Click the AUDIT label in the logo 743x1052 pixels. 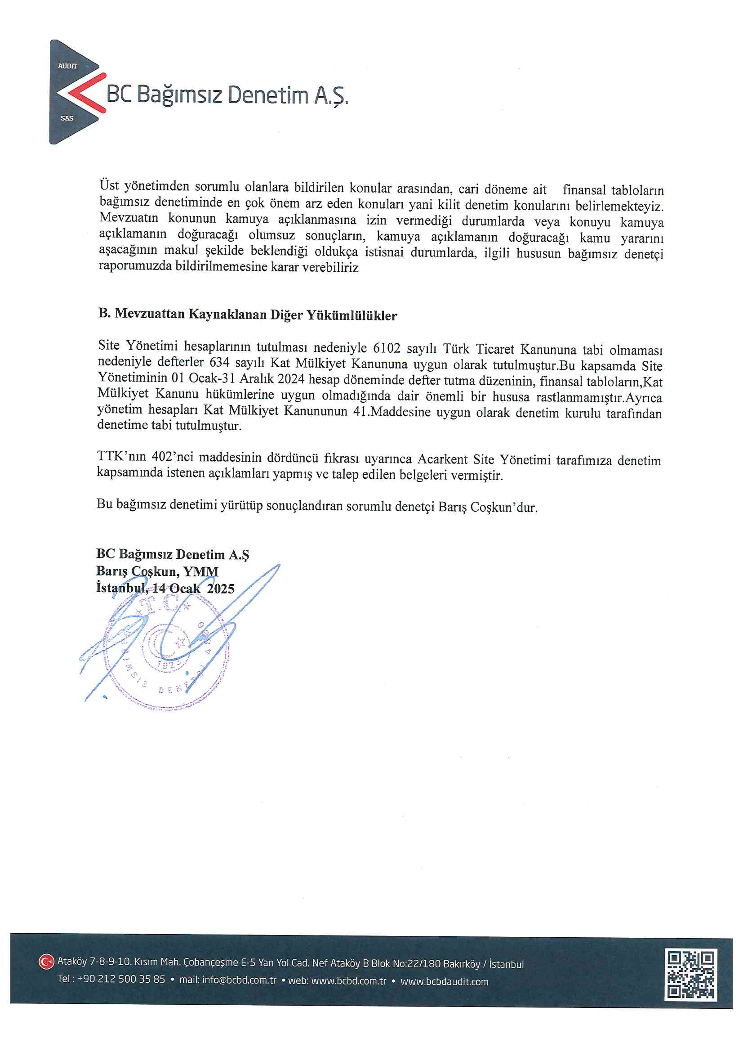(x=67, y=66)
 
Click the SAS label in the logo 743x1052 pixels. (x=67, y=118)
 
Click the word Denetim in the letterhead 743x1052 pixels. (x=268, y=95)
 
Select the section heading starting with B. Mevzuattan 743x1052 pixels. (x=247, y=315)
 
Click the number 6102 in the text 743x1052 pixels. (x=387, y=348)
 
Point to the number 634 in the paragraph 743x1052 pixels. (x=219, y=362)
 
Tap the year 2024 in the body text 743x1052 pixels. (x=291, y=379)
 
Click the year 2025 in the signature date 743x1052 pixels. (x=221, y=589)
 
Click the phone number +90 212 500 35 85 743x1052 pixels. (x=121, y=979)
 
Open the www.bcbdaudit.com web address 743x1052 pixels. (x=444, y=981)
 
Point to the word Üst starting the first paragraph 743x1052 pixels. (x=109, y=185)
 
